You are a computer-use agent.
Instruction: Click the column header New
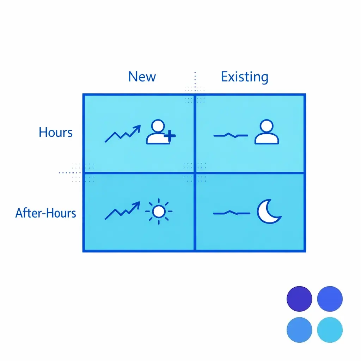click(142, 77)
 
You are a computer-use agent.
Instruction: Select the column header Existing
click(244, 77)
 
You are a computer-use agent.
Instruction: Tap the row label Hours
click(56, 133)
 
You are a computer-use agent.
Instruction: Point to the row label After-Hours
click(46, 213)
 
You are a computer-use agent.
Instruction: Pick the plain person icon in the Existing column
click(267, 132)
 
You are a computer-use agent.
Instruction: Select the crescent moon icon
click(268, 212)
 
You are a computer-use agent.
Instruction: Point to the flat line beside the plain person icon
click(231, 135)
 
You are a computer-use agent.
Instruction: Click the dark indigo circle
click(299, 299)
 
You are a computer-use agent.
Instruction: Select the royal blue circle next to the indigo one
click(330, 299)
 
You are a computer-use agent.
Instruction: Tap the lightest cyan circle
click(330, 330)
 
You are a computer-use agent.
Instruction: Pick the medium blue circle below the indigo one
click(299, 330)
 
